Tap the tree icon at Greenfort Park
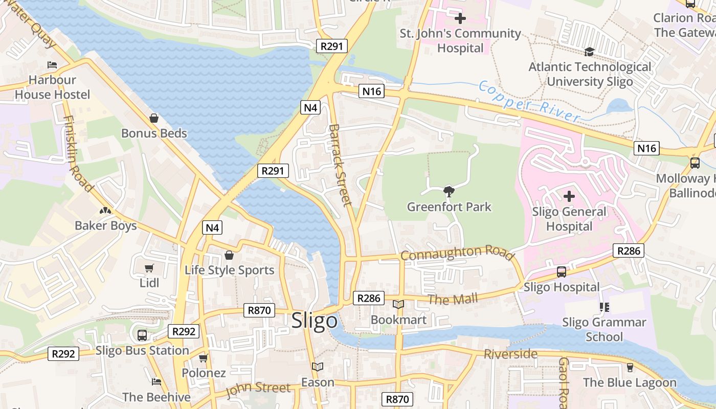click(x=449, y=192)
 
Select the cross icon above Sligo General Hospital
click(x=569, y=196)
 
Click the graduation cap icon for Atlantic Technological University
click(x=589, y=52)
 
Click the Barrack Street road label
click(x=341, y=165)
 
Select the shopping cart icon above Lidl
click(x=149, y=268)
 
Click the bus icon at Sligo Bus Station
click(x=142, y=335)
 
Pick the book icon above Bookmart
click(x=398, y=305)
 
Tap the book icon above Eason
click(x=317, y=367)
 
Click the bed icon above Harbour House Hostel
click(x=52, y=65)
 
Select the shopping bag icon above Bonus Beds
click(x=154, y=118)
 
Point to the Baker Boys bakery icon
click(x=105, y=211)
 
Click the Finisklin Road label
click(x=78, y=153)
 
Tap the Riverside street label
click(x=510, y=354)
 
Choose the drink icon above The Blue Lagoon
click(x=630, y=368)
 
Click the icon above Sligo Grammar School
click(x=604, y=307)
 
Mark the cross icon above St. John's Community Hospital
click(x=460, y=19)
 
